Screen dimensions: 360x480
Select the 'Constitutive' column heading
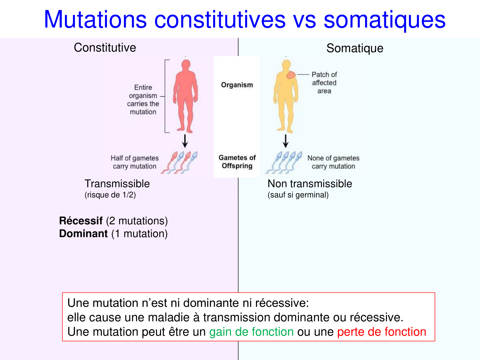pos(105,48)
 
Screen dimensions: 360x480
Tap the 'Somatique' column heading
pos(355,48)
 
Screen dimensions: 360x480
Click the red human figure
pos(185,96)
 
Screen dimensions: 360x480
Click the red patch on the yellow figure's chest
pos(291,75)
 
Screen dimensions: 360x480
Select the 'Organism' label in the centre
pos(237,85)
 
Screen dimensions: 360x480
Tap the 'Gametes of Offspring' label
pos(237,162)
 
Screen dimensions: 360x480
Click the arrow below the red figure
pos(185,141)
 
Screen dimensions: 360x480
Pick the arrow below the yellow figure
pos(286,141)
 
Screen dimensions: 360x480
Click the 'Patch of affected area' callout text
pos(324,83)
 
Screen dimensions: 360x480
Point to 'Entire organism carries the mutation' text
pos(143,100)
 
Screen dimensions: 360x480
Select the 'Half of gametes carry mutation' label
pos(134,162)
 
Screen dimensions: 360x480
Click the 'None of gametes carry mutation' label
pos(333,162)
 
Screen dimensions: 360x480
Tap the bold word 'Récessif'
pos(81,221)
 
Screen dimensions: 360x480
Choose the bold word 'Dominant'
pos(83,234)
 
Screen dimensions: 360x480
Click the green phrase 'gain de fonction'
pos(251,332)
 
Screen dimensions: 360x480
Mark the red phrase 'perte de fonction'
pos(381,332)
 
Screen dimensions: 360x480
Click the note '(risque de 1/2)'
pos(110,195)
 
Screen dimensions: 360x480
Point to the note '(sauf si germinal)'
pos(298,195)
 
